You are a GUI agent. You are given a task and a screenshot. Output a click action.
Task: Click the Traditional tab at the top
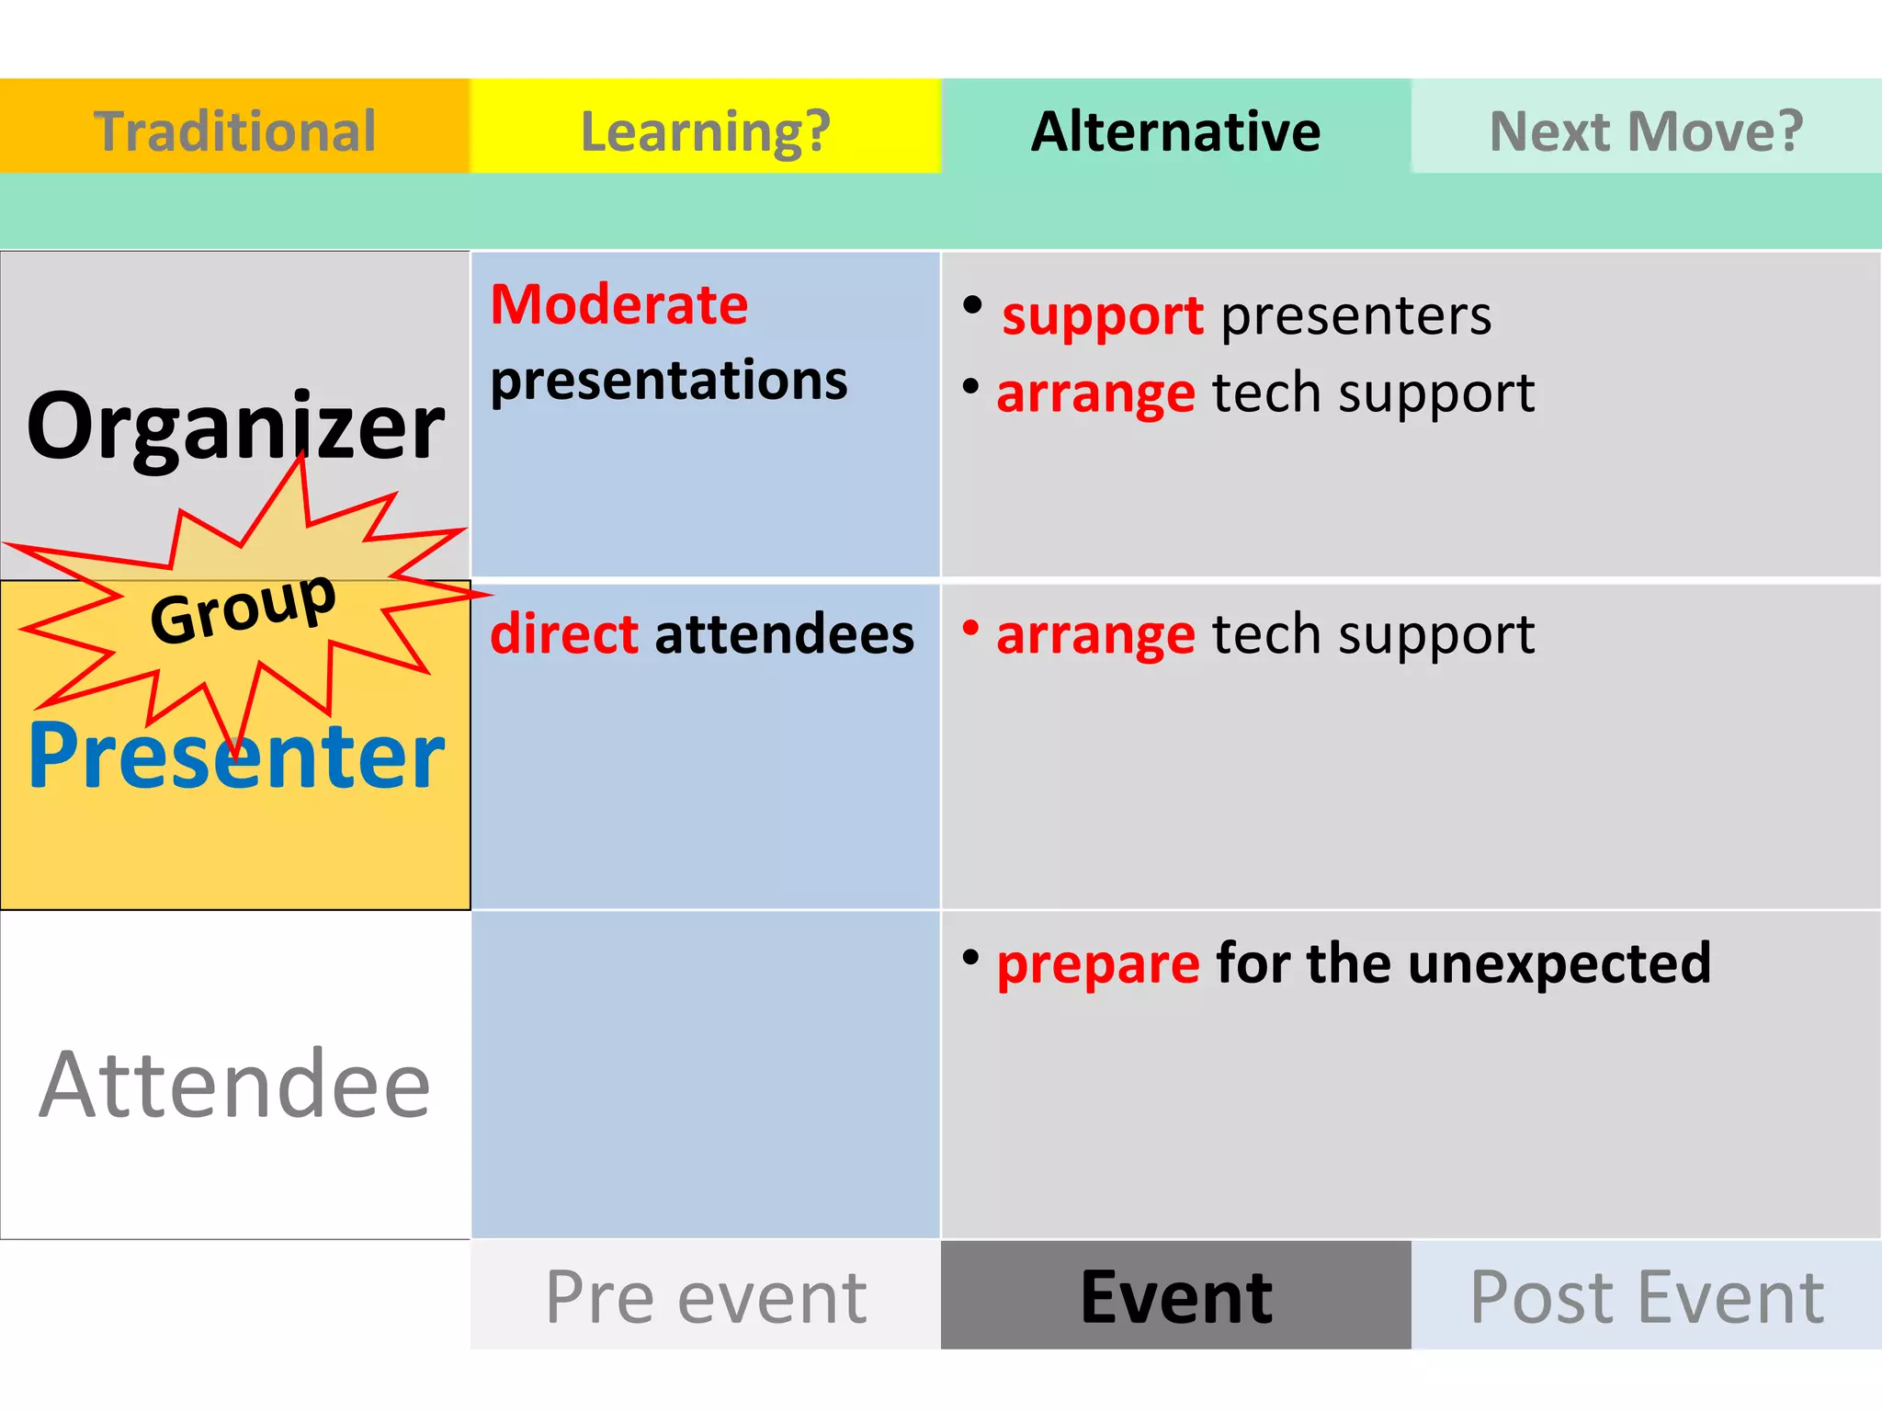coord(234,130)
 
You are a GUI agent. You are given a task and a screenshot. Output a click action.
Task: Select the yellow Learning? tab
coord(705,130)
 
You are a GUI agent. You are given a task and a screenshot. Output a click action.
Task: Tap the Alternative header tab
coord(1175,130)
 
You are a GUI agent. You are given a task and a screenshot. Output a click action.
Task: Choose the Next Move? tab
coord(1646,130)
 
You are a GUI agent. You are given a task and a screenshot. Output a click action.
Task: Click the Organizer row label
coord(235,426)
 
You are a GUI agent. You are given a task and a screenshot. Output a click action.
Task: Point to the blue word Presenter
coord(235,756)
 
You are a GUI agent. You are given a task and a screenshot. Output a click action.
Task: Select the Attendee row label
coord(235,1085)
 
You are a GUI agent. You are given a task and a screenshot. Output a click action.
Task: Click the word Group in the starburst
coord(243,607)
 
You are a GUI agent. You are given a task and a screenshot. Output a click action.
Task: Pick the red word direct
coord(563,634)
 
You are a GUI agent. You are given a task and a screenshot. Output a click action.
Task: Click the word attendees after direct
coord(784,634)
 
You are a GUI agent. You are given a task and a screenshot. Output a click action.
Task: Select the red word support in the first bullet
coord(1102,316)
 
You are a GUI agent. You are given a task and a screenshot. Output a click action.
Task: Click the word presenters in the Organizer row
coord(1355,316)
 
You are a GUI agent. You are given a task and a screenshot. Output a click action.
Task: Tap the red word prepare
coord(1097,964)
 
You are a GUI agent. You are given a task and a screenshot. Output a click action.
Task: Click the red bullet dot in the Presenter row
coord(970,628)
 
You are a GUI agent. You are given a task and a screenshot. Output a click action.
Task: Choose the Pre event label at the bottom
coord(705,1296)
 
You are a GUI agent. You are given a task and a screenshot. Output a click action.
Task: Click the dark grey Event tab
coord(1175,1296)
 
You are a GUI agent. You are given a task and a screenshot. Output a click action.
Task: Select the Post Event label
coord(1646,1296)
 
